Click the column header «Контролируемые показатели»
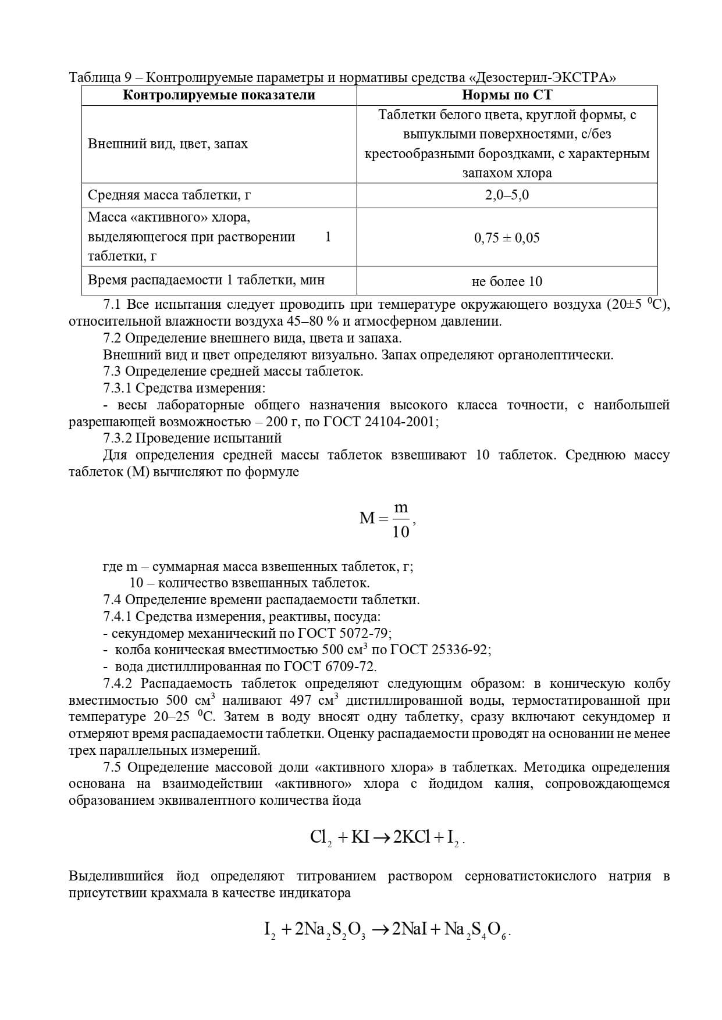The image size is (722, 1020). (219, 95)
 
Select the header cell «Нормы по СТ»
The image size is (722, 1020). (507, 95)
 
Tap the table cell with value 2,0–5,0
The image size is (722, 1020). (507, 195)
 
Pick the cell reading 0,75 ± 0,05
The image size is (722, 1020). (507, 237)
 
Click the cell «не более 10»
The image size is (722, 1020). (507, 281)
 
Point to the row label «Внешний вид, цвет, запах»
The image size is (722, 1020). (168, 144)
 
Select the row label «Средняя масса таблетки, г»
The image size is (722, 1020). (169, 195)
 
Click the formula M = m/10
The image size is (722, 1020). (386, 519)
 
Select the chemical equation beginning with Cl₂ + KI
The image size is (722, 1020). (387, 837)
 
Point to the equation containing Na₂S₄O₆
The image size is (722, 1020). (387, 930)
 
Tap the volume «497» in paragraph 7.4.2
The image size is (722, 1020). (299, 700)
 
